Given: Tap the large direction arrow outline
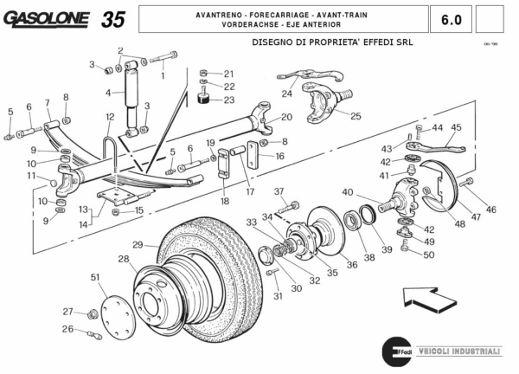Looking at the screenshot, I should pos(431,300).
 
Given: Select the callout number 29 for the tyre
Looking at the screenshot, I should pos(138,245).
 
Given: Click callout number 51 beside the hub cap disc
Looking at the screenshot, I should pos(95,277).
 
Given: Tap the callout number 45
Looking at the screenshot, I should pos(456,128).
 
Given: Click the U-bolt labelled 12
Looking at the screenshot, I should pos(109,143).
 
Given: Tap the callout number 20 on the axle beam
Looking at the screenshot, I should pos(286,117).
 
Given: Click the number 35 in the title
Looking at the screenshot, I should pos(112,19).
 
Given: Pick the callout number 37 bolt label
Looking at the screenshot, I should pos(279,191).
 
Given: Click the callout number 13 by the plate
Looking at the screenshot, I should pos(82,210).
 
